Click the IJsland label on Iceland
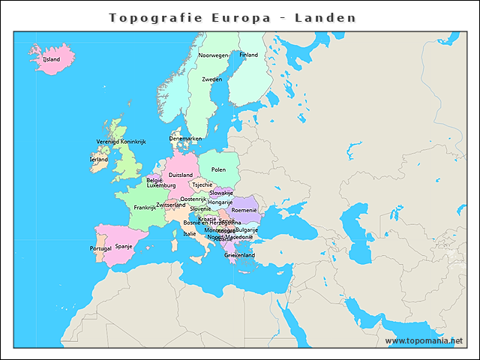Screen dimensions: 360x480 (51, 58)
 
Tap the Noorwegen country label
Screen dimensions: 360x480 (213, 55)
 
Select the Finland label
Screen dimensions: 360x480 (248, 55)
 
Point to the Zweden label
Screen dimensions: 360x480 (211, 79)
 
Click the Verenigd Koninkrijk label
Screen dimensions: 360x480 (121, 141)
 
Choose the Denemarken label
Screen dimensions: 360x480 (185, 139)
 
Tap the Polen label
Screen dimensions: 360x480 (218, 169)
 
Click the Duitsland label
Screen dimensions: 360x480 (180, 175)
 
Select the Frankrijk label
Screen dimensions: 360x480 (145, 208)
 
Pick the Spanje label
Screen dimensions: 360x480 (124, 245)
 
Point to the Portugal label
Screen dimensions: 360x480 (100, 248)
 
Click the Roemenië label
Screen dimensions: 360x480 (244, 211)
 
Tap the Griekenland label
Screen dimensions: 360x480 (239, 255)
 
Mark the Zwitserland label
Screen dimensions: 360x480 (171, 205)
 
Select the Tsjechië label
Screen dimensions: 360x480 (202, 184)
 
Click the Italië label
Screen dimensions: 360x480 (190, 233)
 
